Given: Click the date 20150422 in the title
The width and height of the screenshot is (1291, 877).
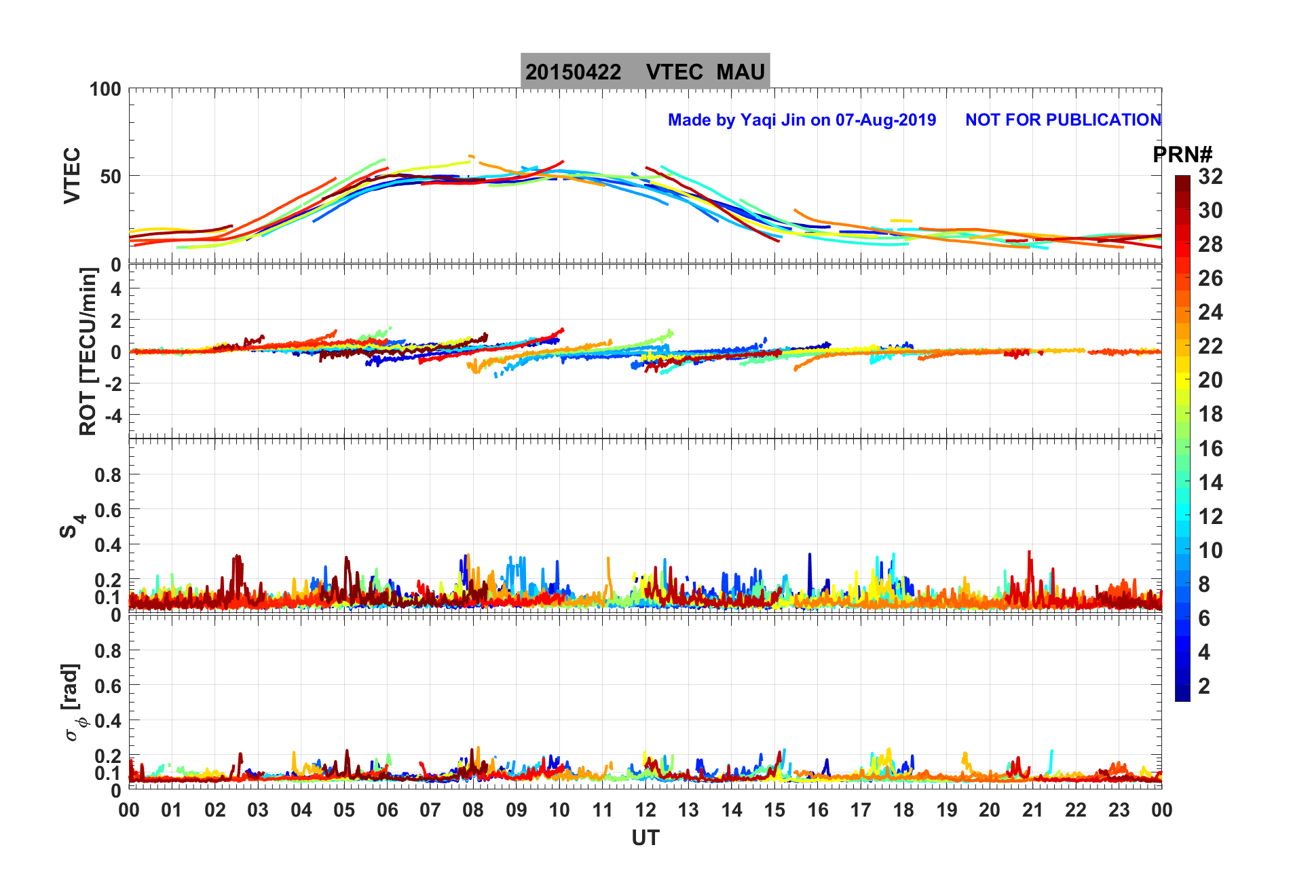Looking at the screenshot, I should pyautogui.click(x=573, y=72).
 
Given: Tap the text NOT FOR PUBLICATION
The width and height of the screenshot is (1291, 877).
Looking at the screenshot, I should pyautogui.click(x=1063, y=120).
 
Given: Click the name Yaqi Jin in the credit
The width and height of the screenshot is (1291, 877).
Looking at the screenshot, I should pyautogui.click(x=772, y=120).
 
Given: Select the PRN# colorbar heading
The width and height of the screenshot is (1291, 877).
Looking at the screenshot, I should pyautogui.click(x=1182, y=155).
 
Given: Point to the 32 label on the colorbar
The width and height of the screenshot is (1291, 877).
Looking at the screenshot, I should pyautogui.click(x=1210, y=176).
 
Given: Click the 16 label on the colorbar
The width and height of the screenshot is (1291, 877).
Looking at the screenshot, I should pyautogui.click(x=1210, y=448).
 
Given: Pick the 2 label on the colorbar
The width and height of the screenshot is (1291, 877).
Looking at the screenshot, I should pyautogui.click(x=1204, y=686).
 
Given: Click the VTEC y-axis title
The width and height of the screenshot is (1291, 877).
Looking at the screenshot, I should pyautogui.click(x=72, y=175).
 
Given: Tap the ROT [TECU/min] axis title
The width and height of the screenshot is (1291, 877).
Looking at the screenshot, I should pyautogui.click(x=88, y=351).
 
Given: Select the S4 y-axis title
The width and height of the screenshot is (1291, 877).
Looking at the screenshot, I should pyautogui.click(x=71, y=526).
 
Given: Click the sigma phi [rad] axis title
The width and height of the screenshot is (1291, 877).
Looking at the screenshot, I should pyautogui.click(x=73, y=703).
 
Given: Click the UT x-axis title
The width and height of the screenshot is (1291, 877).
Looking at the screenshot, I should pyautogui.click(x=645, y=838).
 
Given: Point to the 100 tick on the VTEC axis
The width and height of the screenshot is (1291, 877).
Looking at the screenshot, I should pyautogui.click(x=105, y=89).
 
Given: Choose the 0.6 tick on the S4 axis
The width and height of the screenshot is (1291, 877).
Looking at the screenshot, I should pyautogui.click(x=108, y=510).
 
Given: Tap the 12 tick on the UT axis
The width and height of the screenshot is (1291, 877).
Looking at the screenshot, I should pyautogui.click(x=645, y=810).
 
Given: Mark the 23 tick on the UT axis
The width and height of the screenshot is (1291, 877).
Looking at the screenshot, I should pyautogui.click(x=1119, y=810).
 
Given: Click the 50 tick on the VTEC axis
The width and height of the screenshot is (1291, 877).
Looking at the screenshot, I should pyautogui.click(x=111, y=176).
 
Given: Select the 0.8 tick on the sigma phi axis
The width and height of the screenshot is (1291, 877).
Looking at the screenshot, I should pyautogui.click(x=108, y=650).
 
